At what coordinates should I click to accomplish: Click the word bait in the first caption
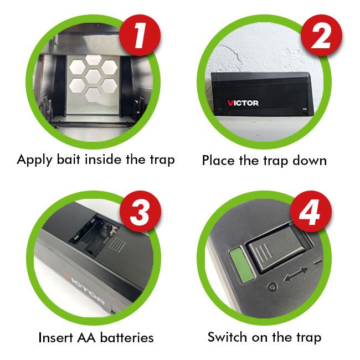pyautogui.click(x=68, y=160)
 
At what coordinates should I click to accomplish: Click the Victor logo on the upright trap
pyautogui.click(x=243, y=103)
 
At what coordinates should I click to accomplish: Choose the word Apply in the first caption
pyautogui.click(x=34, y=160)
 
